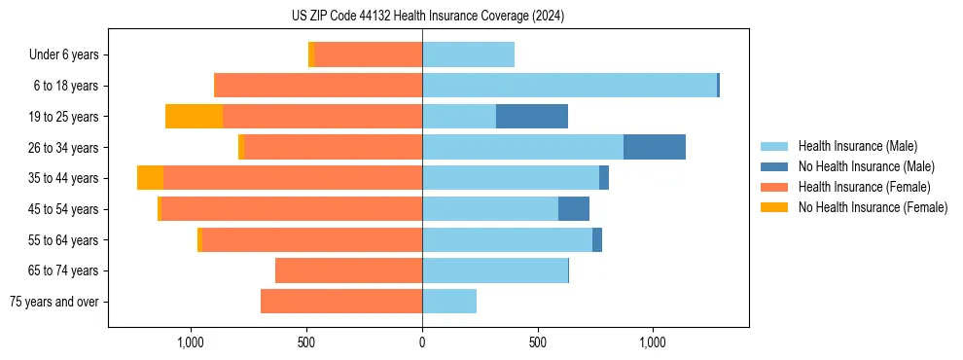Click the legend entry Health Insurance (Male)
(857, 146)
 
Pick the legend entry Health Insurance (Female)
(865, 187)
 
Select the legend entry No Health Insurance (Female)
(873, 207)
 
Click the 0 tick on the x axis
(422, 342)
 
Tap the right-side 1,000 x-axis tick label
(652, 342)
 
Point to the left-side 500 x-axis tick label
(306, 342)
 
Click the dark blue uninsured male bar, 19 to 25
(532, 117)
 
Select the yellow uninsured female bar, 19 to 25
(194, 117)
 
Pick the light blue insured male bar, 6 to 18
(569, 86)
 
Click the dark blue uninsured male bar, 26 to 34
(655, 147)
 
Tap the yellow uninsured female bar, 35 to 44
(150, 178)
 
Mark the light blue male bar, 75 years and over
(449, 302)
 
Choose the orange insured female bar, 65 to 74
(348, 270)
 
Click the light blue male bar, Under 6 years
(468, 54)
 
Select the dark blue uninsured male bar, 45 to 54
(574, 209)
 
